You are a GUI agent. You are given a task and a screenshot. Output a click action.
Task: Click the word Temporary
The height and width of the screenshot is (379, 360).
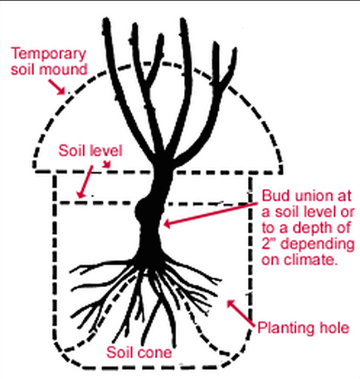click(48, 54)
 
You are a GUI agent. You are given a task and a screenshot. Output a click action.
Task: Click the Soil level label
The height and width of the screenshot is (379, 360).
click(90, 151)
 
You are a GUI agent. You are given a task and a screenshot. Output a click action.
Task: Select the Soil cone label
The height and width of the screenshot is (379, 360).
click(139, 352)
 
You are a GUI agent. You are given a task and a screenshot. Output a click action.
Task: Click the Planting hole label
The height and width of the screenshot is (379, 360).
click(303, 328)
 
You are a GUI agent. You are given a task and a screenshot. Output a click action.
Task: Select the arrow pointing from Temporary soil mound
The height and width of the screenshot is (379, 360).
click(57, 87)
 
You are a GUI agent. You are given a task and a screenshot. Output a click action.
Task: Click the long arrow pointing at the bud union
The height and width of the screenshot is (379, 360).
click(211, 214)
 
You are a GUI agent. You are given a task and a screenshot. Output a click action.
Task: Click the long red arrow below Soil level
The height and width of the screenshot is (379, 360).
click(85, 182)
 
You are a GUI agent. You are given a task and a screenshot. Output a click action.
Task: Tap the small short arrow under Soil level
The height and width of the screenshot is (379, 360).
click(107, 164)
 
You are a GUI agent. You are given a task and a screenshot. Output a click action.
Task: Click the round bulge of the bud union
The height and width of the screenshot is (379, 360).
click(142, 211)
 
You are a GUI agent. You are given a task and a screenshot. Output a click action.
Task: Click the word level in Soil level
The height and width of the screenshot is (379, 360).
click(106, 151)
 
